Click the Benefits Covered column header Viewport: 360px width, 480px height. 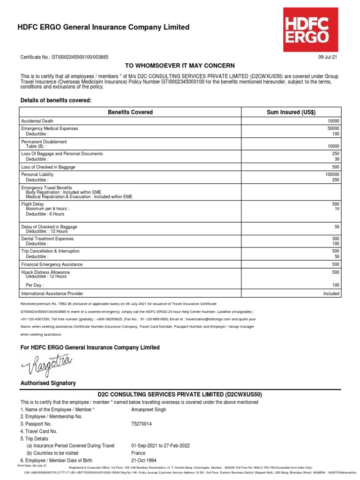[130, 112]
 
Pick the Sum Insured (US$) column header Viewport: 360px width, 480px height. [291, 112]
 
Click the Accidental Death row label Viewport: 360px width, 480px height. [37, 121]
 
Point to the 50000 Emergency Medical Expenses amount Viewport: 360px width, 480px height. [333, 128]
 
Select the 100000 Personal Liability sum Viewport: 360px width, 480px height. [332, 174]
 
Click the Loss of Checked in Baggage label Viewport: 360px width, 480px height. [48, 167]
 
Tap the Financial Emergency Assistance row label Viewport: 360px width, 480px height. [52, 264]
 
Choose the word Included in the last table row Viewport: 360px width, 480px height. [331, 294]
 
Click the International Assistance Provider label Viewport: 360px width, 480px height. [52, 294]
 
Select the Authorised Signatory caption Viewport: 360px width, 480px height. [48, 383]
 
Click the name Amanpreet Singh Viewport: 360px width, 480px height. [149, 409]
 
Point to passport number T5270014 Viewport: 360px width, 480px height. [142, 424]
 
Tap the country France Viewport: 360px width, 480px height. [138, 453]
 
